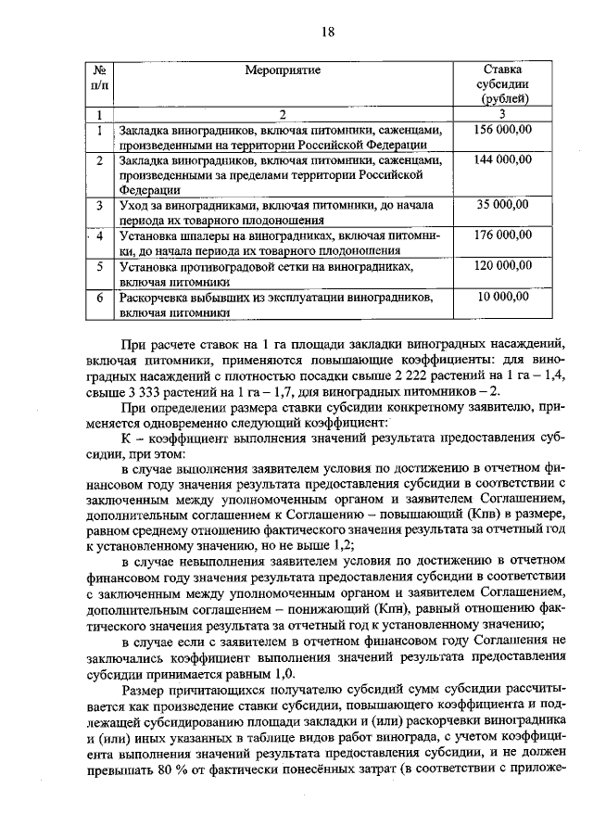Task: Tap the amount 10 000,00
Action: (504, 297)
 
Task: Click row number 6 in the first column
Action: (100, 299)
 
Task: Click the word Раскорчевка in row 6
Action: (156, 299)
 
